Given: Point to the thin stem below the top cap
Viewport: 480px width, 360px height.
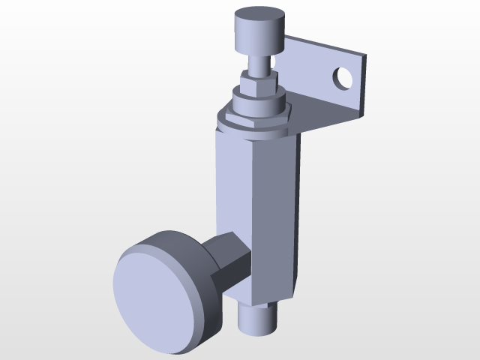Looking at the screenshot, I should [259, 63].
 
